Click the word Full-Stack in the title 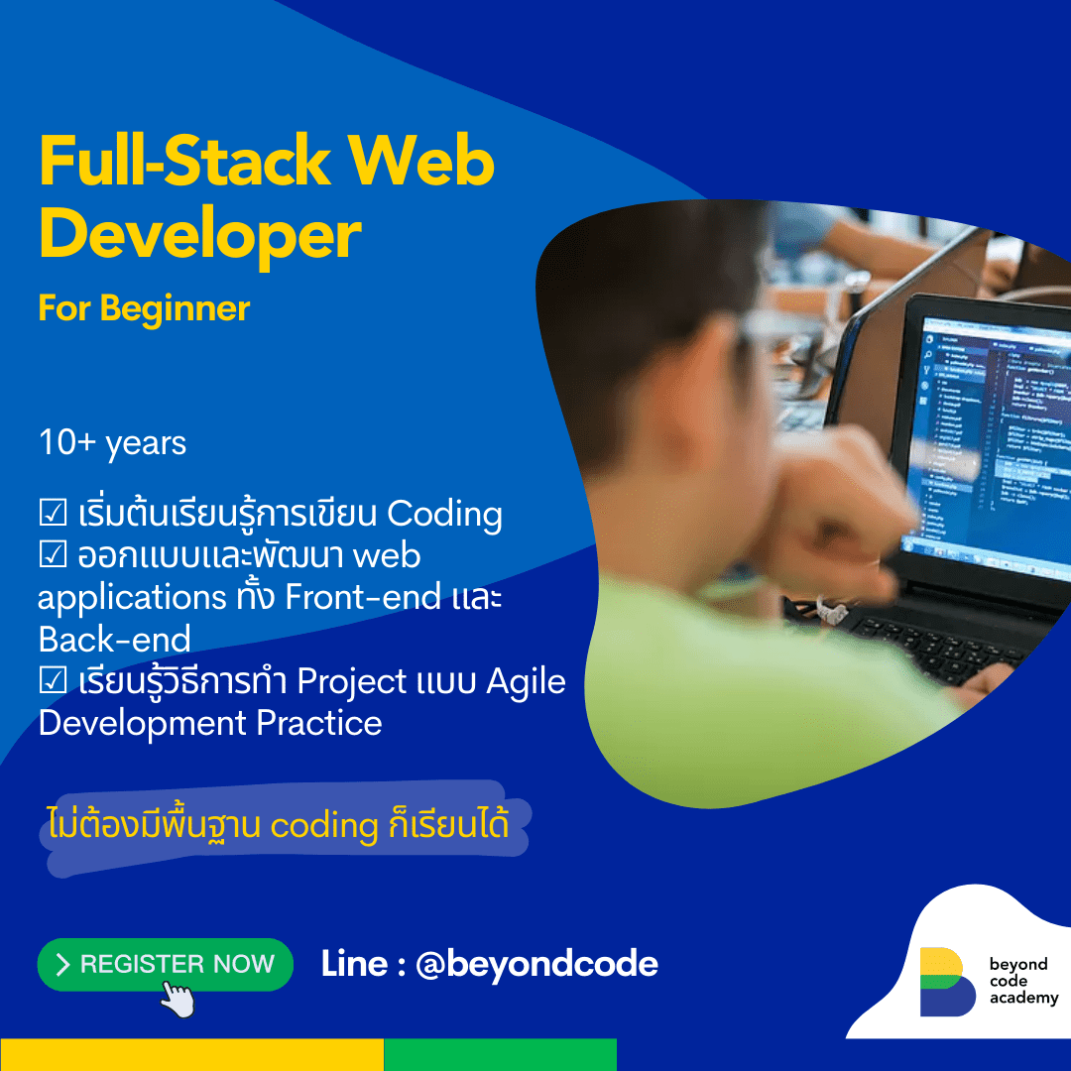pos(184,162)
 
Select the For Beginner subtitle pos(144,308)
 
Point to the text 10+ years pos(112,442)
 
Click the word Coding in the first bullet pos(444,515)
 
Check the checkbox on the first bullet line pos(53,513)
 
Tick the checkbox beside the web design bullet pos(53,554)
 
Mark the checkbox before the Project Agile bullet pos(53,679)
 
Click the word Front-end pos(363,597)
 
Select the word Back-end pos(115,640)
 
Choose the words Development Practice pos(210,724)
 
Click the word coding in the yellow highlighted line pos(324,826)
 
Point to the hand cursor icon pos(178,1000)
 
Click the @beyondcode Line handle pos(536,965)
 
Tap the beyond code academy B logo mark pos(947,982)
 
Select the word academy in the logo pos(1023,998)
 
